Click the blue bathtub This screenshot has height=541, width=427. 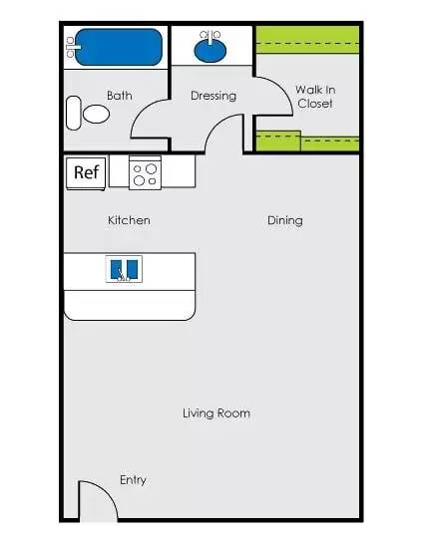(x=118, y=47)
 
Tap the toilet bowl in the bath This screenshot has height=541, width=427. (x=96, y=114)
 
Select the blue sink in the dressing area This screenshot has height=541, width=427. (x=211, y=51)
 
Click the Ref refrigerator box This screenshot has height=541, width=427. (x=86, y=173)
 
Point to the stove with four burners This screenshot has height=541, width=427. (x=145, y=172)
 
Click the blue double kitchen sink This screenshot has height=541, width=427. (x=124, y=269)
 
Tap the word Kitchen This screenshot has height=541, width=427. (x=129, y=220)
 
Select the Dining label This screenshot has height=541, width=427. (x=285, y=220)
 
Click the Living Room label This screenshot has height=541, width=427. (x=216, y=413)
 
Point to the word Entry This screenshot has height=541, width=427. (x=133, y=480)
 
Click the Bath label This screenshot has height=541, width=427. (x=120, y=96)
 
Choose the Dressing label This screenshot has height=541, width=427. (x=213, y=96)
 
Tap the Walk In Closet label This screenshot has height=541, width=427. (x=315, y=97)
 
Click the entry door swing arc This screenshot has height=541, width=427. (x=107, y=491)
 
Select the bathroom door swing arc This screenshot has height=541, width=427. (x=140, y=111)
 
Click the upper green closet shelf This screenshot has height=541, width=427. (x=307, y=41)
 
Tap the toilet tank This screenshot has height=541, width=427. (x=73, y=114)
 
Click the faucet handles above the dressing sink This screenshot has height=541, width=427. (x=211, y=35)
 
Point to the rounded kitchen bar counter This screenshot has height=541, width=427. (x=130, y=305)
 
